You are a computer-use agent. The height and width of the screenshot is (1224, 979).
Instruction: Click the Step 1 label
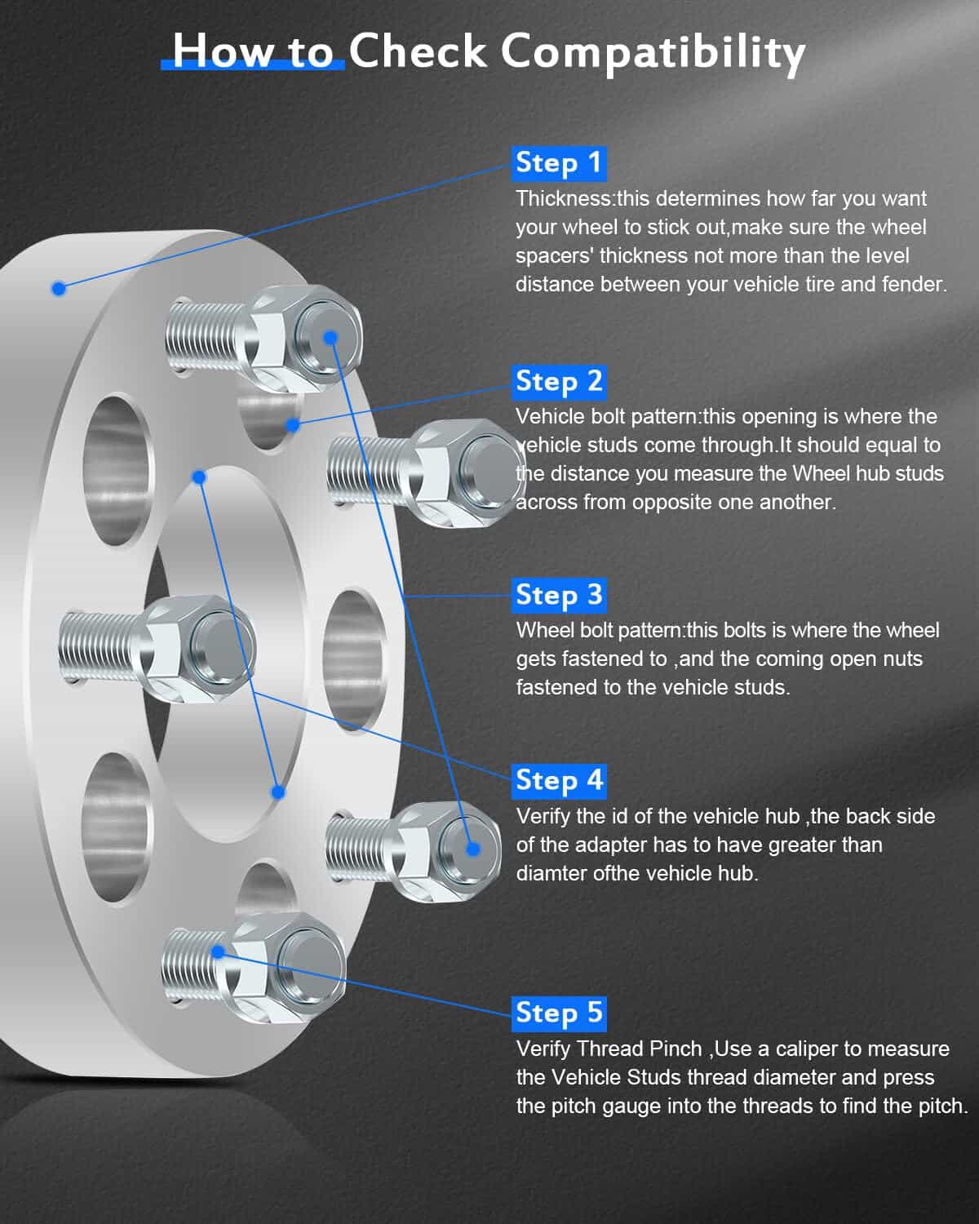(559, 164)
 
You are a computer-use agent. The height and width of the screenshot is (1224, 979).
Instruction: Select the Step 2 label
(559, 382)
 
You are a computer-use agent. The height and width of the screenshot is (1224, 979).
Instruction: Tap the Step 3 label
(559, 596)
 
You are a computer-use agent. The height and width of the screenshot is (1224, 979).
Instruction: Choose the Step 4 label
(559, 782)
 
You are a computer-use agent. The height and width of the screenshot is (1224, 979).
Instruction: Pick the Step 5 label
(559, 1014)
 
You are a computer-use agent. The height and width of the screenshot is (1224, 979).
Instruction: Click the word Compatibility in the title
(653, 52)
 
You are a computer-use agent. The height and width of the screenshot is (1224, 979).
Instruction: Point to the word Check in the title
(418, 51)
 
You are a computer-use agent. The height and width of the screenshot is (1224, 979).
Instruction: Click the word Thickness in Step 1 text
(563, 198)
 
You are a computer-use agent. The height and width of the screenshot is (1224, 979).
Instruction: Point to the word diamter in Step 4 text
(552, 873)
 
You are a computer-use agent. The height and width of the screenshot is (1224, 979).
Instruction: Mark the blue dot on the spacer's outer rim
(59, 288)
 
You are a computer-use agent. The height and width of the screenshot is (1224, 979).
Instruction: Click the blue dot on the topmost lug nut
(330, 338)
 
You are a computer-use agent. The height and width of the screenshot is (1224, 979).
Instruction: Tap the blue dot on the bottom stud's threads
(217, 951)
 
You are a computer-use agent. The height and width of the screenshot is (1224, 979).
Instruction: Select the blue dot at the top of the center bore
(198, 477)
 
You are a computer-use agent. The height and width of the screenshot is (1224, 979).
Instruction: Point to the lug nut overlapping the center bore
(199, 649)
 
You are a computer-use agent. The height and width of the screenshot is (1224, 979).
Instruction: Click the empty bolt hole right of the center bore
(354, 660)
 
